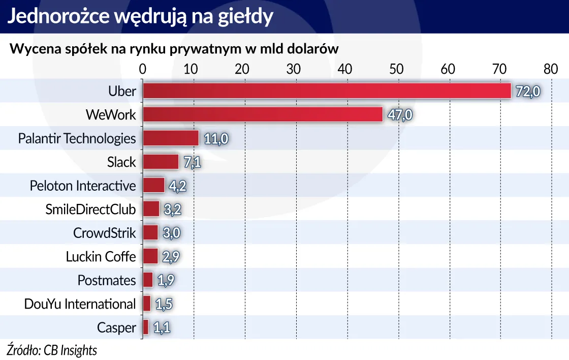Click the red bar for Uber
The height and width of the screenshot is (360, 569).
(326, 91)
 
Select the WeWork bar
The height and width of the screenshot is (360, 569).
(262, 114)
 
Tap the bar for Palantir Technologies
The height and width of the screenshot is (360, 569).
(170, 138)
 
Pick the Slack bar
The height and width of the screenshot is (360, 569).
(160, 162)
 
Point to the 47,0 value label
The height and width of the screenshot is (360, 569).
(399, 115)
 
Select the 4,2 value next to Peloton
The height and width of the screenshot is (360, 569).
(177, 186)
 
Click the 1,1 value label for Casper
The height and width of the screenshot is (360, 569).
(161, 327)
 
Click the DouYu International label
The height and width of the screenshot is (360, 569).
(80, 304)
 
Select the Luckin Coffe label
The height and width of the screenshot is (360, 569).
(101, 257)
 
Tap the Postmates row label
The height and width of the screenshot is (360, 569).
(107, 280)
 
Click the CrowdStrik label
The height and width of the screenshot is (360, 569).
(105, 233)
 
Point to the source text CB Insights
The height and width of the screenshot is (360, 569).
(70, 350)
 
